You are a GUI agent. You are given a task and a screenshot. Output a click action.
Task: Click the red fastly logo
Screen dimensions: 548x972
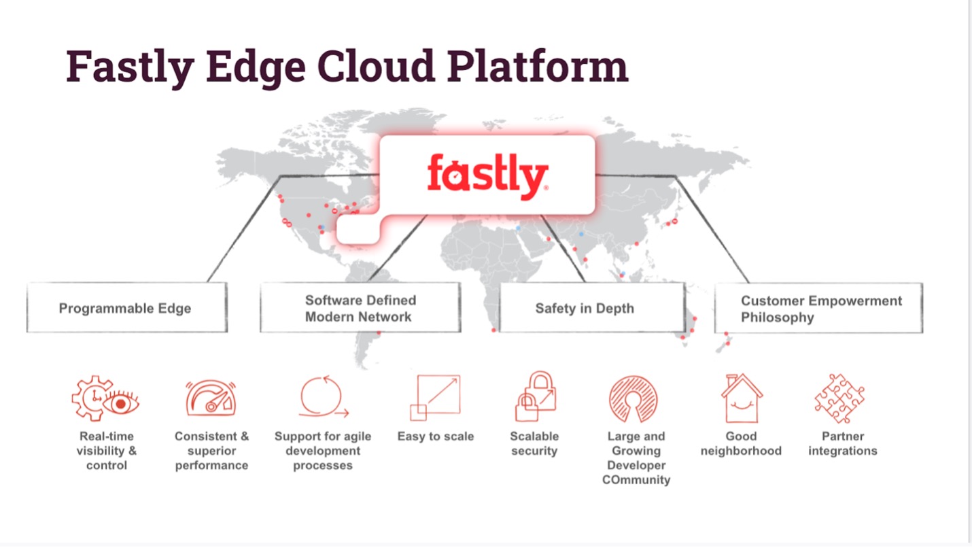(x=487, y=175)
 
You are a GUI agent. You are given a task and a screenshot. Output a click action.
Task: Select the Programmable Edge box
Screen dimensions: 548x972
(x=126, y=308)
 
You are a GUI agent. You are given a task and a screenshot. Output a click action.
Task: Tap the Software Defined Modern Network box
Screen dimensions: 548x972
(x=360, y=308)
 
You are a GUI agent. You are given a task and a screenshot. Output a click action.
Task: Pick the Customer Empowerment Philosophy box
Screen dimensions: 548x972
(x=818, y=309)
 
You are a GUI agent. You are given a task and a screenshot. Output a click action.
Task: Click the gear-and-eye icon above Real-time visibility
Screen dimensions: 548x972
(x=106, y=399)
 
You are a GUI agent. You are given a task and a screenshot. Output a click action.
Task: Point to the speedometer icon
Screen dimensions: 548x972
(x=211, y=398)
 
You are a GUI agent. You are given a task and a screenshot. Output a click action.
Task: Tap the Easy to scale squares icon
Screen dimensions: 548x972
(x=435, y=397)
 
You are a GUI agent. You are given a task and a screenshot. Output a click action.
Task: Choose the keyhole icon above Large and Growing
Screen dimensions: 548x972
(x=633, y=398)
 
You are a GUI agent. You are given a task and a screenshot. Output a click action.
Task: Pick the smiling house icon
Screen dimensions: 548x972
(x=741, y=398)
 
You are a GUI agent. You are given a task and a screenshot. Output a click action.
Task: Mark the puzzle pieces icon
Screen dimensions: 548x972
(x=840, y=398)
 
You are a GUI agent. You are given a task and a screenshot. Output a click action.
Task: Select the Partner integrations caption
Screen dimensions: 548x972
(x=843, y=443)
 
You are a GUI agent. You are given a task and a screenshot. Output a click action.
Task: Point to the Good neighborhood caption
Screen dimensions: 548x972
(x=741, y=443)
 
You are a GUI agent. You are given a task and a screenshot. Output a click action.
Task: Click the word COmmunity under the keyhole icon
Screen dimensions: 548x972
(x=636, y=480)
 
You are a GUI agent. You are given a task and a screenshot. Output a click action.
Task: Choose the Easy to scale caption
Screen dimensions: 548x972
(x=436, y=436)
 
